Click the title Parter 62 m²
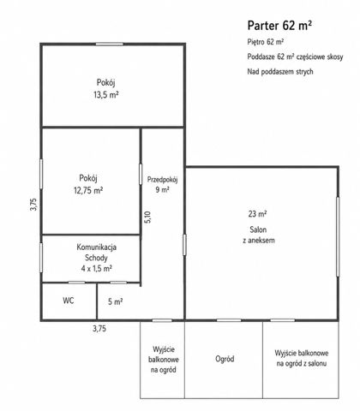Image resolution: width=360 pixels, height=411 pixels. tap(279, 26)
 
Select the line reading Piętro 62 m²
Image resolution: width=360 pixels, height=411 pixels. tap(266, 42)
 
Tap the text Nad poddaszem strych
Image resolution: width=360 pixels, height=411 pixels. tap(280, 71)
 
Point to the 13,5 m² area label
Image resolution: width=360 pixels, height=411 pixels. tap(106, 94)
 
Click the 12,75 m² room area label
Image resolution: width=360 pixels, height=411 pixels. tap(88, 190)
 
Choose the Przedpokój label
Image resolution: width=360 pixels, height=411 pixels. tap(162, 180)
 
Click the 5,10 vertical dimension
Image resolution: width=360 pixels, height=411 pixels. tap(147, 217)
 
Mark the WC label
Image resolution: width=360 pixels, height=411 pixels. tap(69, 301)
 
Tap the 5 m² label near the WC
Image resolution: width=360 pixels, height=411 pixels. tap(116, 301)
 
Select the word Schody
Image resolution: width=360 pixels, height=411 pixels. tap(96, 258)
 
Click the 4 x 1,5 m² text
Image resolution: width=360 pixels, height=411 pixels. tap(96, 268)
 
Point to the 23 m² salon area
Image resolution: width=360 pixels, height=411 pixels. tap(257, 214)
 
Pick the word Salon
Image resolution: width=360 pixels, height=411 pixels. tap(258, 229)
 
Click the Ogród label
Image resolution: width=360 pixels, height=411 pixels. tap(225, 359)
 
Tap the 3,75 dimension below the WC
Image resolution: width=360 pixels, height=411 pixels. tap(99, 329)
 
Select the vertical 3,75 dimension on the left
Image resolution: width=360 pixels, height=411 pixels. tap(33, 205)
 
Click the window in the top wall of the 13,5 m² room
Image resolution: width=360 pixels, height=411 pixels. tap(110, 44)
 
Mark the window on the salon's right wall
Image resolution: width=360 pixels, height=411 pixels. tap(338, 236)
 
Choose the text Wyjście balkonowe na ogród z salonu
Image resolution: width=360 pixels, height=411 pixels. tap(302, 358)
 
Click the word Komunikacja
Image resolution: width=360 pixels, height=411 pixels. tap(96, 247)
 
